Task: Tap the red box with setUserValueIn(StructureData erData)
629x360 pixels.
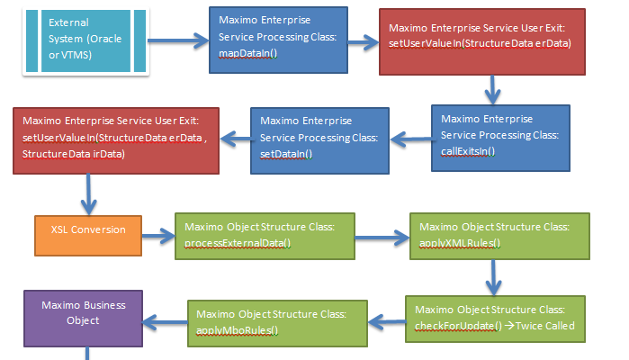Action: point(481,41)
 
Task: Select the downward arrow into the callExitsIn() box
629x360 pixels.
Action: point(492,90)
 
